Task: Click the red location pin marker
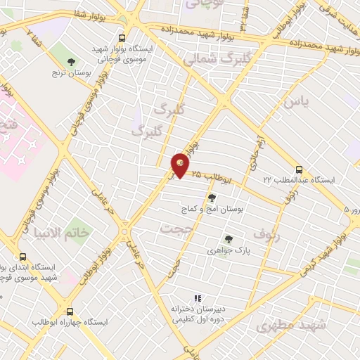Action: coord(181,165)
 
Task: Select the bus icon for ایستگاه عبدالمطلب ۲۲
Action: coord(300,169)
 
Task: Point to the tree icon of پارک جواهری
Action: coord(226,239)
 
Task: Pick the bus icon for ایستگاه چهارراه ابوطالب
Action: coord(70,311)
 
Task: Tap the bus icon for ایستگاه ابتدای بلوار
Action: coord(23,257)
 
